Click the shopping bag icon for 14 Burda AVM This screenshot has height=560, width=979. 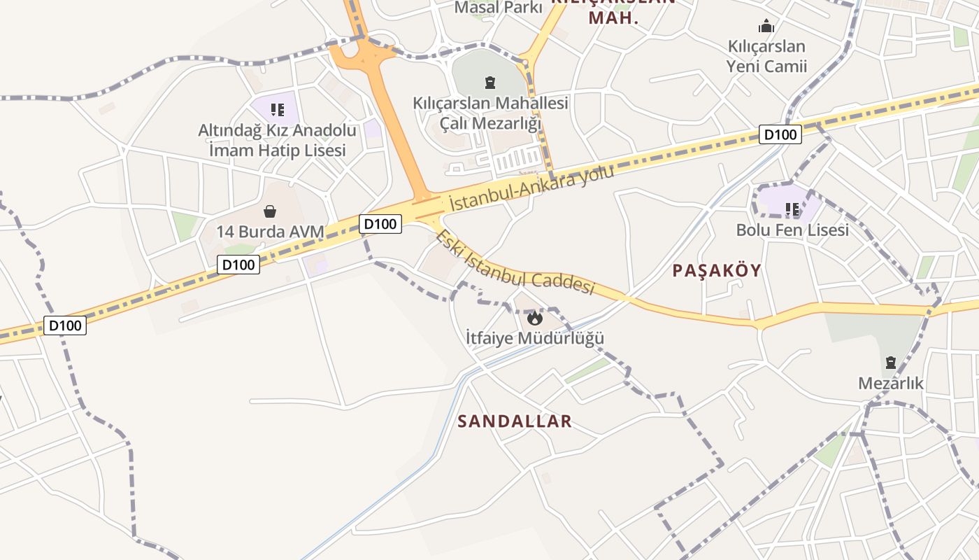coord(270,211)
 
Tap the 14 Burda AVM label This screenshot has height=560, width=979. coord(270,232)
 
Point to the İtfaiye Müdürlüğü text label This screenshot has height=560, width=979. coord(535,339)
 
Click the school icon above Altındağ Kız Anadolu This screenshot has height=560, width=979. coord(278,109)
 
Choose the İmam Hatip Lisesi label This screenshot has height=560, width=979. coord(278,150)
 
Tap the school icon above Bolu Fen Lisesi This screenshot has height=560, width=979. coord(792,209)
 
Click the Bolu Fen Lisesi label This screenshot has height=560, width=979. coord(792,230)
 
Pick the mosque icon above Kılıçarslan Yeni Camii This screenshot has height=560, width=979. coord(766,27)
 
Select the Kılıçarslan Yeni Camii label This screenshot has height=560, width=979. coord(766,57)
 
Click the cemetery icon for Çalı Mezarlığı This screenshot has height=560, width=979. coord(490,82)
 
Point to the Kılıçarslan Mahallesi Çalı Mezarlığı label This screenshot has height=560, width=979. coord(490,113)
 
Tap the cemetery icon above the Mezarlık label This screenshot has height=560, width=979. coord(891,363)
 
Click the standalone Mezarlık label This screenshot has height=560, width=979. coord(891,384)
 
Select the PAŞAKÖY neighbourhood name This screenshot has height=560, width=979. coord(717,271)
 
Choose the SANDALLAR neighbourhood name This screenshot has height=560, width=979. coord(515,421)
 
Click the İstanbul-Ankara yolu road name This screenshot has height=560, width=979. coord(531,188)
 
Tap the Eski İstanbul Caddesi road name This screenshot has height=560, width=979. coord(514,262)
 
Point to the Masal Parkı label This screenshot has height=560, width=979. coord(499,8)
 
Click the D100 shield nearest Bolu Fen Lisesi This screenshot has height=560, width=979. coord(780,134)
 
